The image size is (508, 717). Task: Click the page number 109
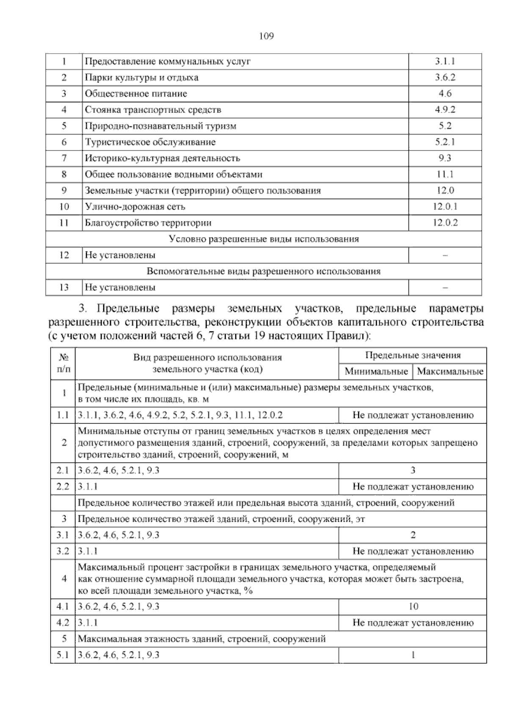coord(266,36)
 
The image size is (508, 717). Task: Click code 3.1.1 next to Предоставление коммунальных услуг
coord(445,61)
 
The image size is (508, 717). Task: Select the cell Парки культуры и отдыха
coord(141,77)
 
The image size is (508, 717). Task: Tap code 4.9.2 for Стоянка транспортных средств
coord(445,110)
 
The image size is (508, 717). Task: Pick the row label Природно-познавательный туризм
coord(160,126)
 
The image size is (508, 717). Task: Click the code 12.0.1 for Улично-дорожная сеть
coord(445,207)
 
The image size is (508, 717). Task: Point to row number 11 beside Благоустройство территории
coord(64,223)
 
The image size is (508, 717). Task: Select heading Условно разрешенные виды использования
coord(264,239)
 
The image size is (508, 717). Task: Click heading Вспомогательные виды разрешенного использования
coord(264,271)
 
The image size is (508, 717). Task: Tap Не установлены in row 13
coord(120,287)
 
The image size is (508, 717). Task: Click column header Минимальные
coord(376,372)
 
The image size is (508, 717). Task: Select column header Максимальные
coord(450,372)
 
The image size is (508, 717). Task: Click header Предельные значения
coord(413,356)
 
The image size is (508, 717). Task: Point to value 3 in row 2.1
coord(413,470)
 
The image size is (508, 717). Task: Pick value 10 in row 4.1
coord(413,607)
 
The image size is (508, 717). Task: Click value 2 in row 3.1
coord(413,535)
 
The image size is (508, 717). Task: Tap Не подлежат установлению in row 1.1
coord(413,415)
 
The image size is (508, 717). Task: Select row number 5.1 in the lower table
coord(63,655)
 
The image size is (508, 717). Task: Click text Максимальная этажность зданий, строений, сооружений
coord(202,639)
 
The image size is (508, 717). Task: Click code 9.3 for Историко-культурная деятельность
coord(445,159)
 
